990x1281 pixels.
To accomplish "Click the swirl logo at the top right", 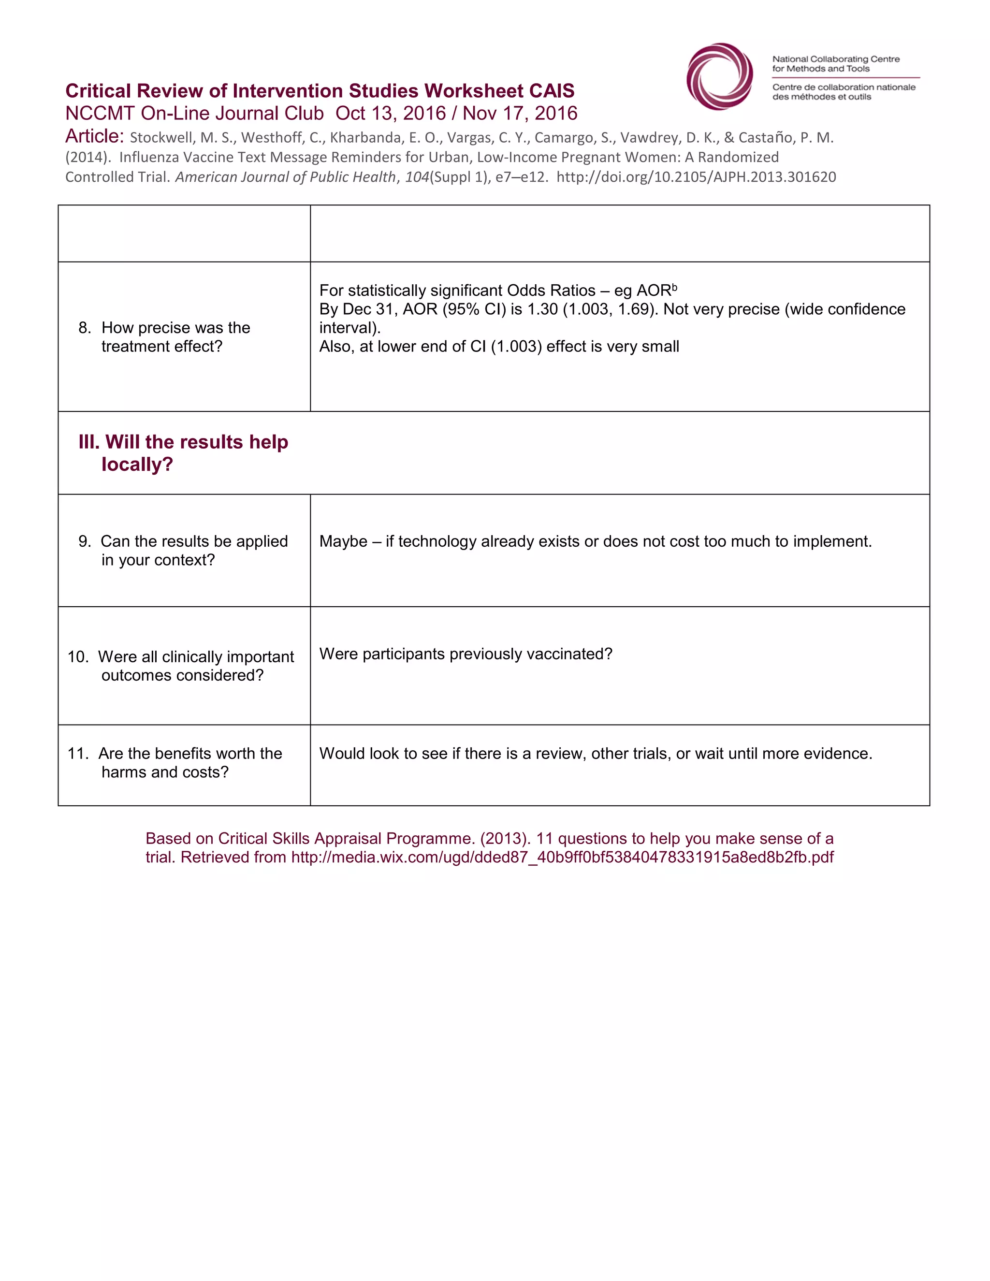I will click(720, 76).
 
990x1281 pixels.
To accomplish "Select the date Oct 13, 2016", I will click(391, 113).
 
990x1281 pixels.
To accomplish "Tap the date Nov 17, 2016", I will click(520, 113).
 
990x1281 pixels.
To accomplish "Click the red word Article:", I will click(94, 136).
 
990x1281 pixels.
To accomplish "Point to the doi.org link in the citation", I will click(696, 177).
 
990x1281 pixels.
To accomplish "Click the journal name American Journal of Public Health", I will click(285, 177).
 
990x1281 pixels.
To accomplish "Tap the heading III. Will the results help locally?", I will click(183, 453).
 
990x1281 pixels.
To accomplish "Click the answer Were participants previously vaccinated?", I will click(465, 654).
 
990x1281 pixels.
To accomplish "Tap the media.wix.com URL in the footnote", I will click(562, 858).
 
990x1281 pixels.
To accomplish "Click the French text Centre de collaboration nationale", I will click(844, 87).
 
